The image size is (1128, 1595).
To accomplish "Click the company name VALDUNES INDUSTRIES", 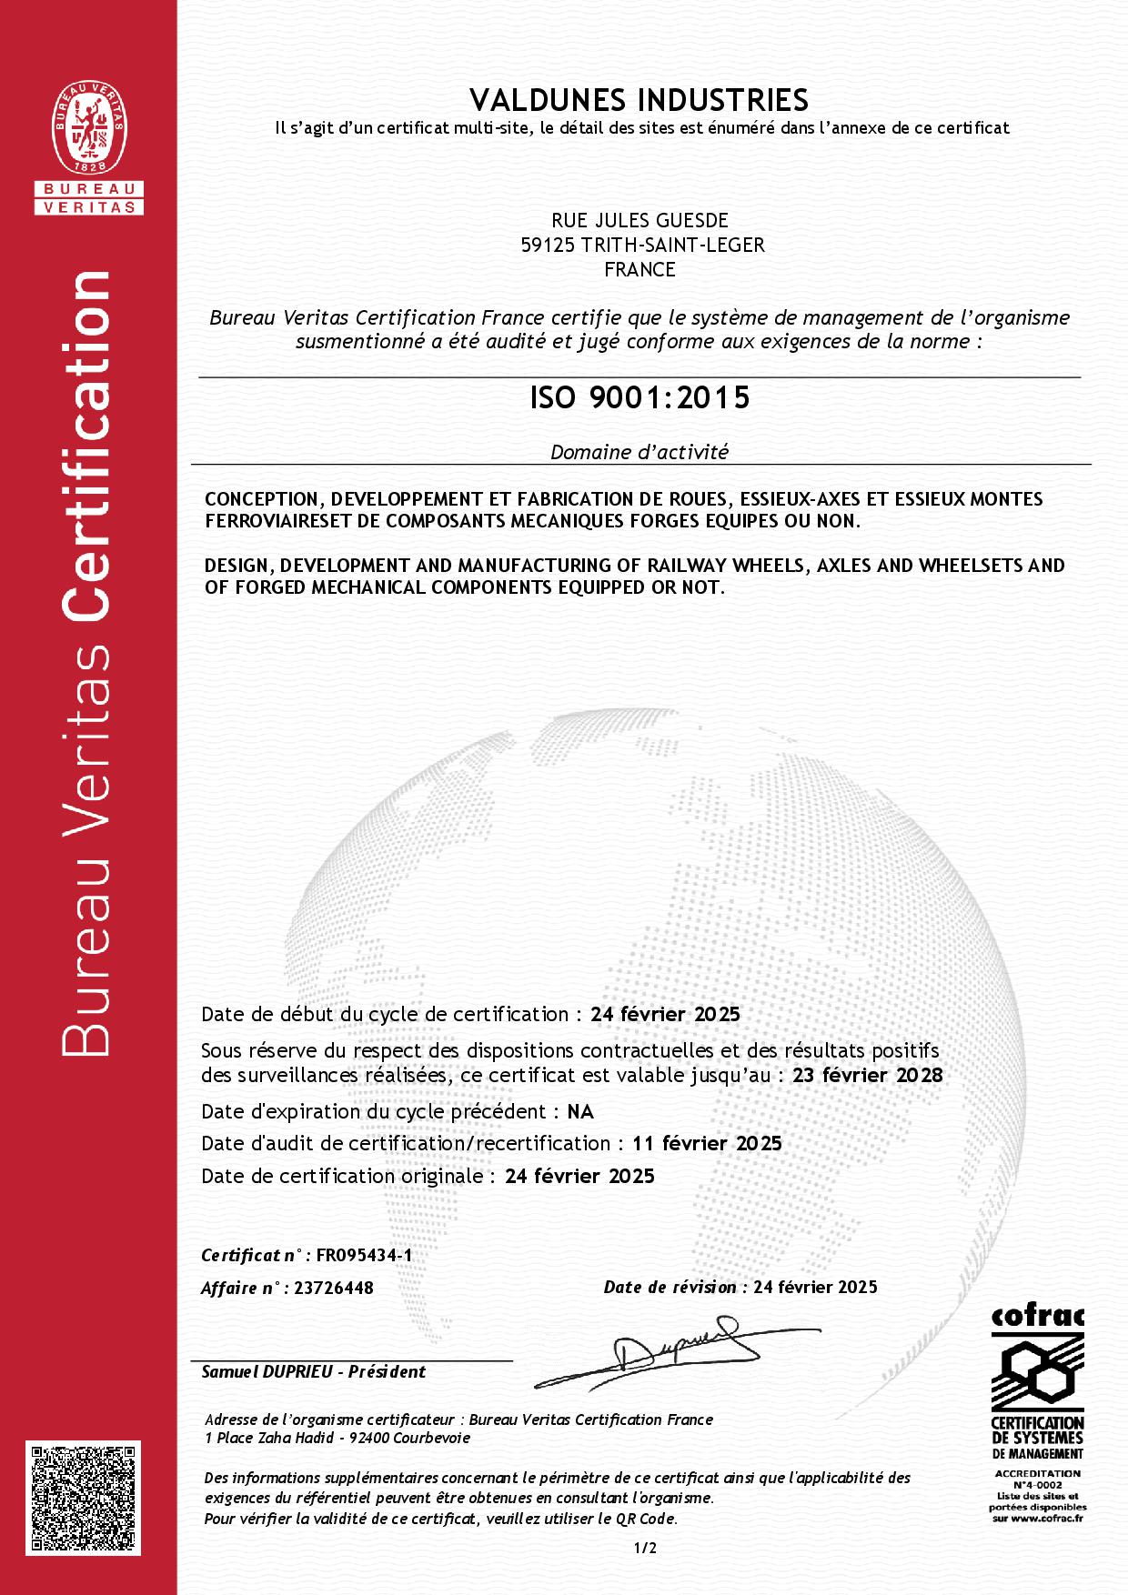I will point(640,98).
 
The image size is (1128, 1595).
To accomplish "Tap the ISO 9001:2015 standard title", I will point(640,398).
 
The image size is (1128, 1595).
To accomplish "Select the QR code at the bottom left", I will point(88,1497).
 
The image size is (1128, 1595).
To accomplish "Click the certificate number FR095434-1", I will point(364,1256).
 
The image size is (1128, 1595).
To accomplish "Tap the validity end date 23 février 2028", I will point(868,1075).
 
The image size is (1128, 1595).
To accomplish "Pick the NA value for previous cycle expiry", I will point(580,1111).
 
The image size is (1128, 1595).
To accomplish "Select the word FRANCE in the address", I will point(640,269).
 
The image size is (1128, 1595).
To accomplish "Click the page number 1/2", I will point(645,1548).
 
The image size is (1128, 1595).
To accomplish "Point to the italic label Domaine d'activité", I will point(640,451).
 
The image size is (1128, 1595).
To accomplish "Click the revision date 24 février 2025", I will point(815,1287).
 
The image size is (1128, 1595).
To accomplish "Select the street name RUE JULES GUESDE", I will point(640,220).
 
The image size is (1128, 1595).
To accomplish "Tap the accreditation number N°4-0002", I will point(1038,1485).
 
